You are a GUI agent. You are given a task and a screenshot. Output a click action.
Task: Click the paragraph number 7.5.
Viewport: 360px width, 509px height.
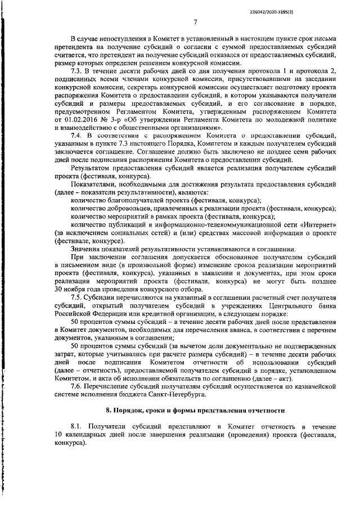[78, 296]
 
